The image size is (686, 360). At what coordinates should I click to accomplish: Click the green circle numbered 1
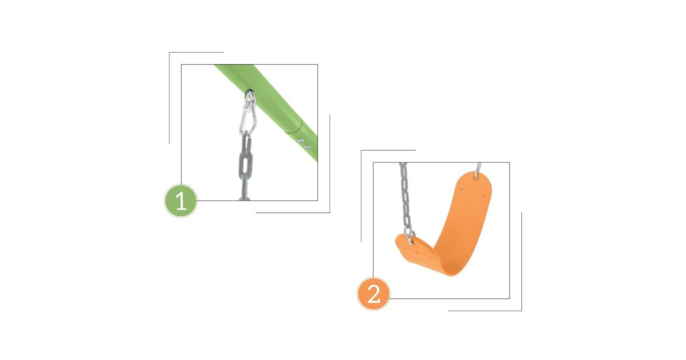click(x=181, y=201)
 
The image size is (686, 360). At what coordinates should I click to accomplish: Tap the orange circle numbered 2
click(x=373, y=294)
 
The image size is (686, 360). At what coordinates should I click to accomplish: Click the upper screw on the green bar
click(x=301, y=141)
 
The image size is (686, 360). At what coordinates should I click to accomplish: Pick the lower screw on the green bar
click(x=307, y=147)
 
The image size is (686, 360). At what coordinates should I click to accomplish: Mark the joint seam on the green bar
click(x=294, y=126)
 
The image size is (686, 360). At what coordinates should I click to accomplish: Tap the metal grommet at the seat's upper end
click(x=476, y=177)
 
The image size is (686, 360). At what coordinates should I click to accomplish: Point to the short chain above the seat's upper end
click(x=478, y=168)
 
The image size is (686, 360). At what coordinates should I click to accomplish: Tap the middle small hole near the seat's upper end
click(x=472, y=192)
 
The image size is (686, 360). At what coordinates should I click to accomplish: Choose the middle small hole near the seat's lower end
click(x=417, y=253)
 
